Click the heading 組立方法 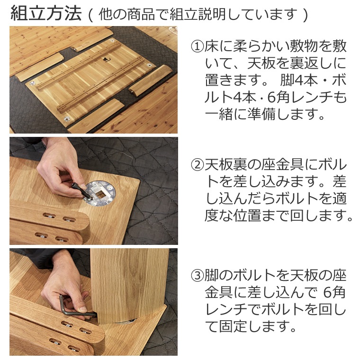click(x=46, y=14)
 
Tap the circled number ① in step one click(x=197, y=46)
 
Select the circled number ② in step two click(x=197, y=165)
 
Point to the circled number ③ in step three click(x=197, y=275)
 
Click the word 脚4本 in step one click(x=297, y=81)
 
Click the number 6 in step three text click(x=327, y=292)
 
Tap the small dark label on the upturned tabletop click(x=105, y=60)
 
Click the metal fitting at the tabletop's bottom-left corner click(x=67, y=119)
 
